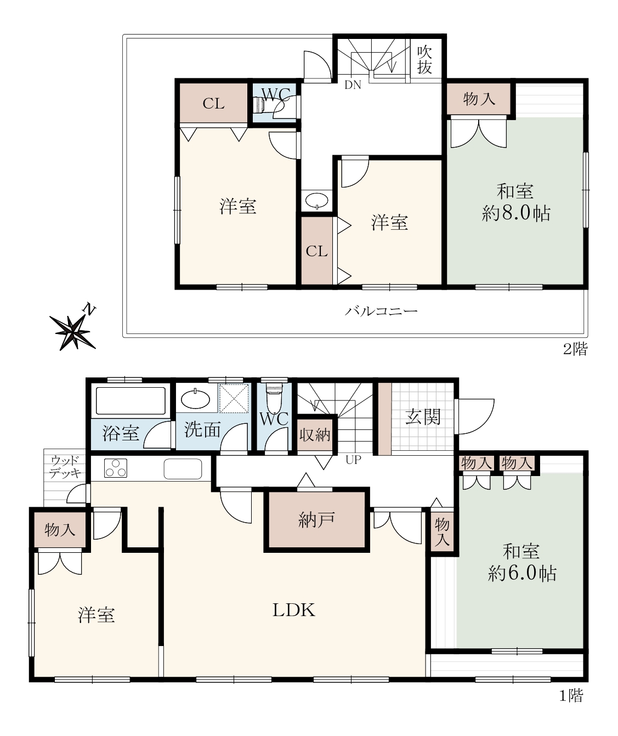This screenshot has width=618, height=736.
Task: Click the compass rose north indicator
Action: (x=73, y=328)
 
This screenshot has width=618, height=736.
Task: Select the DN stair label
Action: (x=353, y=85)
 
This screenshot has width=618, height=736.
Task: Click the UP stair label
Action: (x=353, y=460)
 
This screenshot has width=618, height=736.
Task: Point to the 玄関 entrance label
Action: (x=423, y=417)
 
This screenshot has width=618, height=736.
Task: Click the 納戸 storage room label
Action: (x=316, y=519)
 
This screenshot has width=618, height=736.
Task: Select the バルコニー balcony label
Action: (x=381, y=312)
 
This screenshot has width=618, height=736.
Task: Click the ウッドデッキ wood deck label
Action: (x=66, y=468)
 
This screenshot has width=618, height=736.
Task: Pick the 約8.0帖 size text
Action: (x=516, y=213)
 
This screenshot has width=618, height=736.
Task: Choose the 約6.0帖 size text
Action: (x=522, y=574)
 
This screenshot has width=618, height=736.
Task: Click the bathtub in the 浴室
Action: (x=131, y=401)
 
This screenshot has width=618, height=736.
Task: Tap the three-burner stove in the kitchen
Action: (x=116, y=468)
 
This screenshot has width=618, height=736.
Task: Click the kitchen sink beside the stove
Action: (x=183, y=469)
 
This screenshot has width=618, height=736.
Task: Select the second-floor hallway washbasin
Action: (x=316, y=201)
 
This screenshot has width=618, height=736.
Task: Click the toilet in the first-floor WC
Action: (x=274, y=397)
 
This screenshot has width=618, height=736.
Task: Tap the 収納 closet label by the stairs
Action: (x=315, y=435)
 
